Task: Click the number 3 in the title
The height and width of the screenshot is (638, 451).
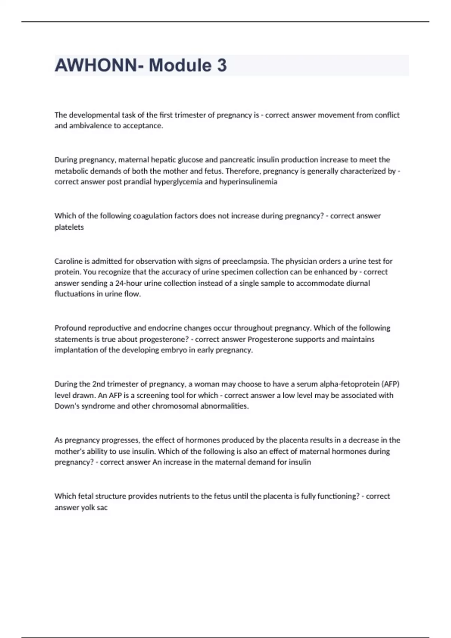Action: click(x=222, y=65)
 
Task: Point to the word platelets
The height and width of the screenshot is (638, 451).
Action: click(x=69, y=227)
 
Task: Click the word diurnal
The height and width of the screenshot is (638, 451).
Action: click(x=357, y=283)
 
